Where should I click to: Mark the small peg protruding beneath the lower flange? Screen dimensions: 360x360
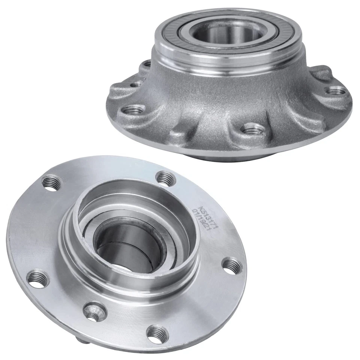(x=79, y=339)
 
